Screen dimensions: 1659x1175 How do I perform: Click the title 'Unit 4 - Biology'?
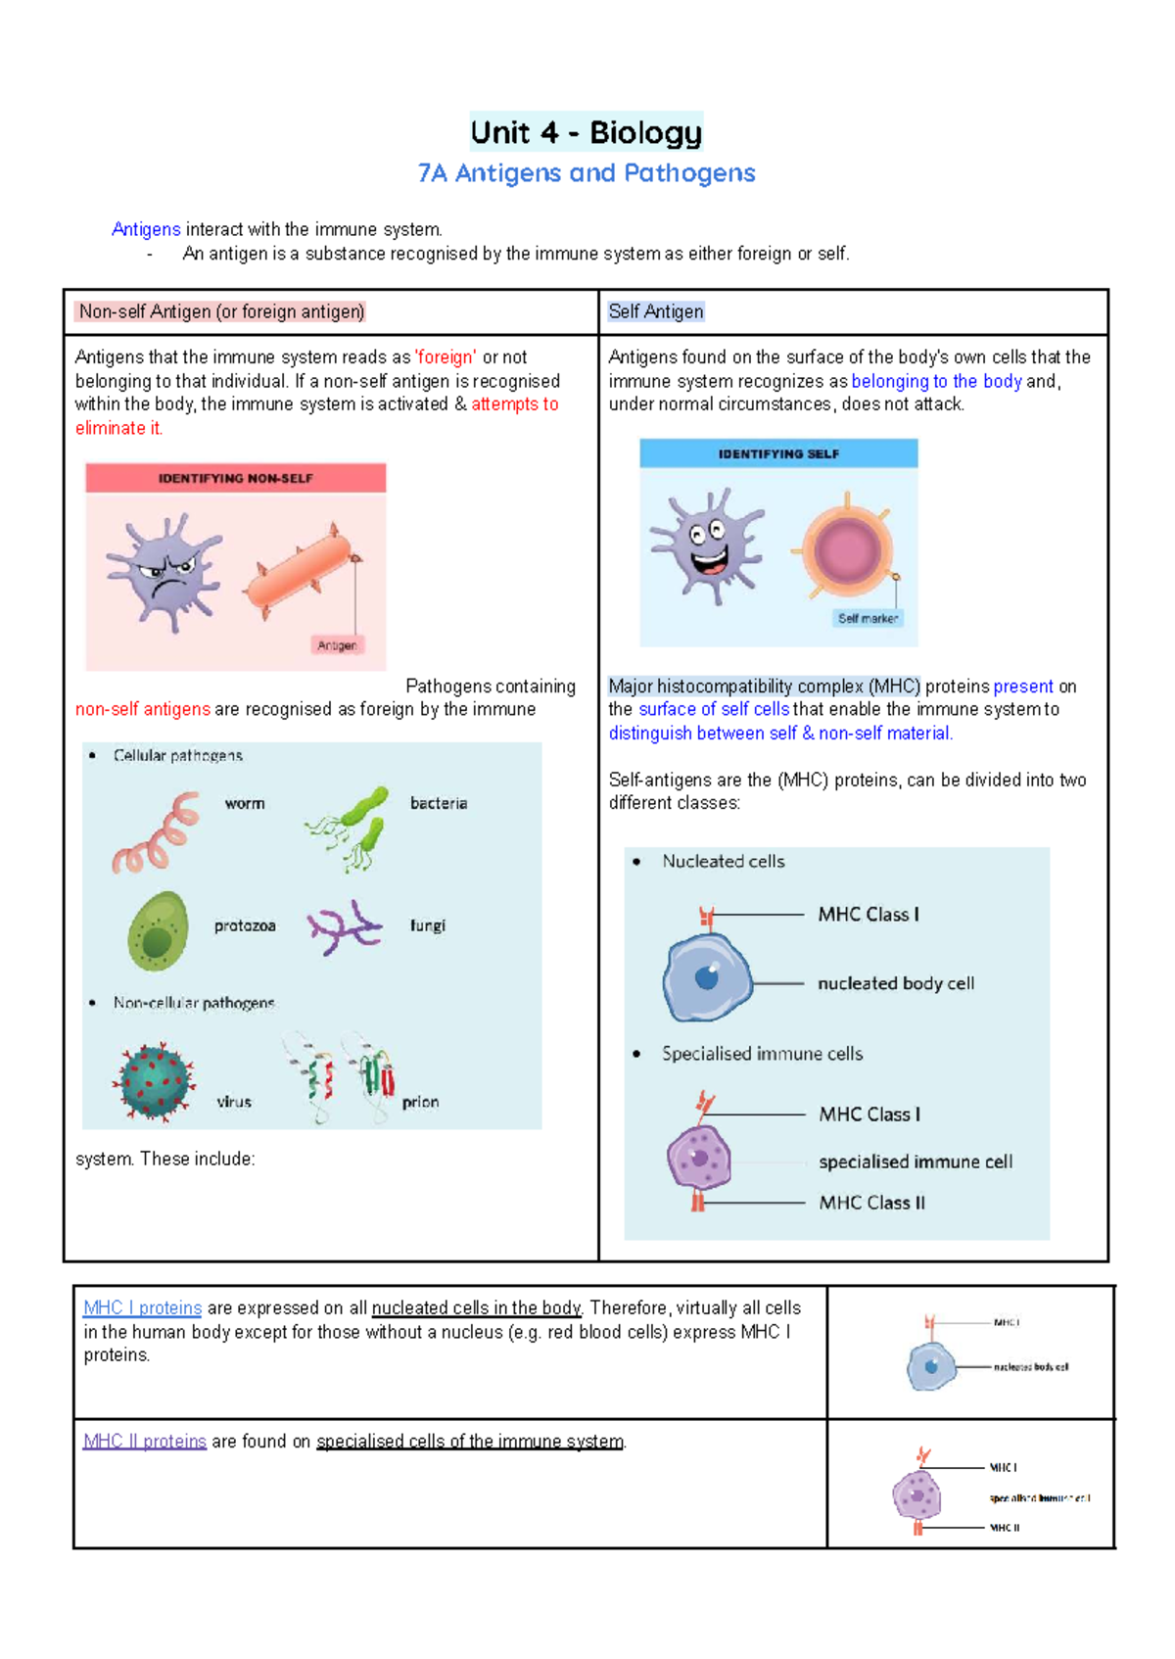[586, 132]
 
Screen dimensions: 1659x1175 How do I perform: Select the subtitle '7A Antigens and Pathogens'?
[586, 173]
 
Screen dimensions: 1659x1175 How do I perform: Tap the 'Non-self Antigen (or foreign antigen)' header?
[221, 311]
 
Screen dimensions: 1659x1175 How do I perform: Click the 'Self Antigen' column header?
[655, 311]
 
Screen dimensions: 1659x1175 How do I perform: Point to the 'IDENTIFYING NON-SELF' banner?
[235, 478]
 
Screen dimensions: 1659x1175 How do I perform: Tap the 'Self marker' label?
[868, 618]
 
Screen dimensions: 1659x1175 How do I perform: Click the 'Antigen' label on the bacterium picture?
[337, 645]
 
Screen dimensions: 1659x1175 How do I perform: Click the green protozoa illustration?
[158, 930]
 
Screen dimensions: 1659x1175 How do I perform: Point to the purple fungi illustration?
[343, 926]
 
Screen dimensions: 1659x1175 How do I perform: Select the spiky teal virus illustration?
[153, 1081]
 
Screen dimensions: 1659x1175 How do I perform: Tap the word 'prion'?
[420, 1102]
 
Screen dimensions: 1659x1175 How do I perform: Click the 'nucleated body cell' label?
[895, 983]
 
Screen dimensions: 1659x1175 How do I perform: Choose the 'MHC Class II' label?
[871, 1203]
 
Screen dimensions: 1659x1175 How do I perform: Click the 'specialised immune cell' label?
[915, 1161]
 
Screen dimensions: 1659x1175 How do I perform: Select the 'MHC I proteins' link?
[143, 1308]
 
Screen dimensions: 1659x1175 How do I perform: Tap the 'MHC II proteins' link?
[145, 1442]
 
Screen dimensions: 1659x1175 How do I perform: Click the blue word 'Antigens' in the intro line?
[146, 229]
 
